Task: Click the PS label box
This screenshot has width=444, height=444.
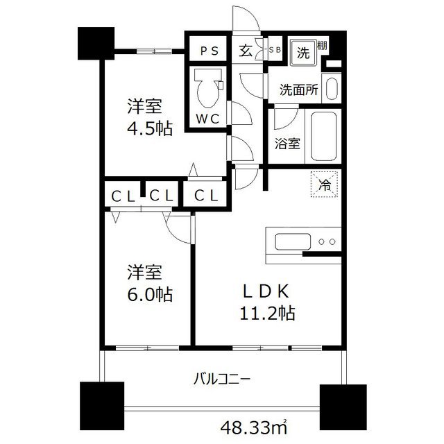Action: coord(207,51)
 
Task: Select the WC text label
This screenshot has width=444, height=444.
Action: coord(206,119)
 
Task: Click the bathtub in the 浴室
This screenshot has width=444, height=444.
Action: coord(323,135)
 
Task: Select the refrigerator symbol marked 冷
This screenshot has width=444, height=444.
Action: coord(324,185)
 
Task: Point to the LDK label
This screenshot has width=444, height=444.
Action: coord(261,289)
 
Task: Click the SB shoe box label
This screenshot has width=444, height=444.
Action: coord(274,50)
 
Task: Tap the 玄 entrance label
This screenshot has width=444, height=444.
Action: coord(246,50)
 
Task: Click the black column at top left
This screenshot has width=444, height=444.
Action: coord(96,44)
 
